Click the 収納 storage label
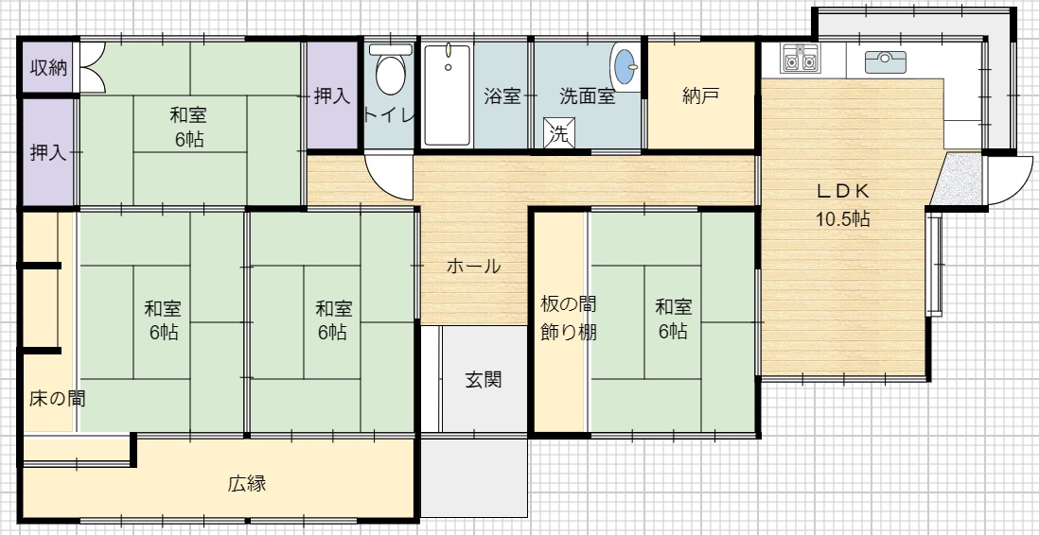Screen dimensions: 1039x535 click(x=49, y=67)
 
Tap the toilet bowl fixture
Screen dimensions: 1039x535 click(x=390, y=70)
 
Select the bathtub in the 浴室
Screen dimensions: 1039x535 click(x=448, y=95)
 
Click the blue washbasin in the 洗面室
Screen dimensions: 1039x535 click(x=625, y=67)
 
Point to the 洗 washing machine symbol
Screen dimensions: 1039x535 click(x=559, y=134)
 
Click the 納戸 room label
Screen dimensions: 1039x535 click(x=701, y=96)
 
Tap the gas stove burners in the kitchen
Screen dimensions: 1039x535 click(x=800, y=59)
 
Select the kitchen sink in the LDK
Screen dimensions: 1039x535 click(x=886, y=61)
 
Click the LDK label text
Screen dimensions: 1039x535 click(x=842, y=191)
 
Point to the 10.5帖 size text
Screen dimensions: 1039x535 click(x=842, y=219)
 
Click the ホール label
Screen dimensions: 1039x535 click(x=473, y=267)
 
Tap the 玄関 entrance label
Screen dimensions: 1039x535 click(x=483, y=380)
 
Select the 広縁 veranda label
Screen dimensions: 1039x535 click(x=247, y=484)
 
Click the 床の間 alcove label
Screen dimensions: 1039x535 click(x=57, y=399)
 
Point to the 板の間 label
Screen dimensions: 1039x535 click(x=568, y=304)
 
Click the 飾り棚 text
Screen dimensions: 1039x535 click(x=568, y=332)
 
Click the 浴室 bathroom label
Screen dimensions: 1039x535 click(x=502, y=96)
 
